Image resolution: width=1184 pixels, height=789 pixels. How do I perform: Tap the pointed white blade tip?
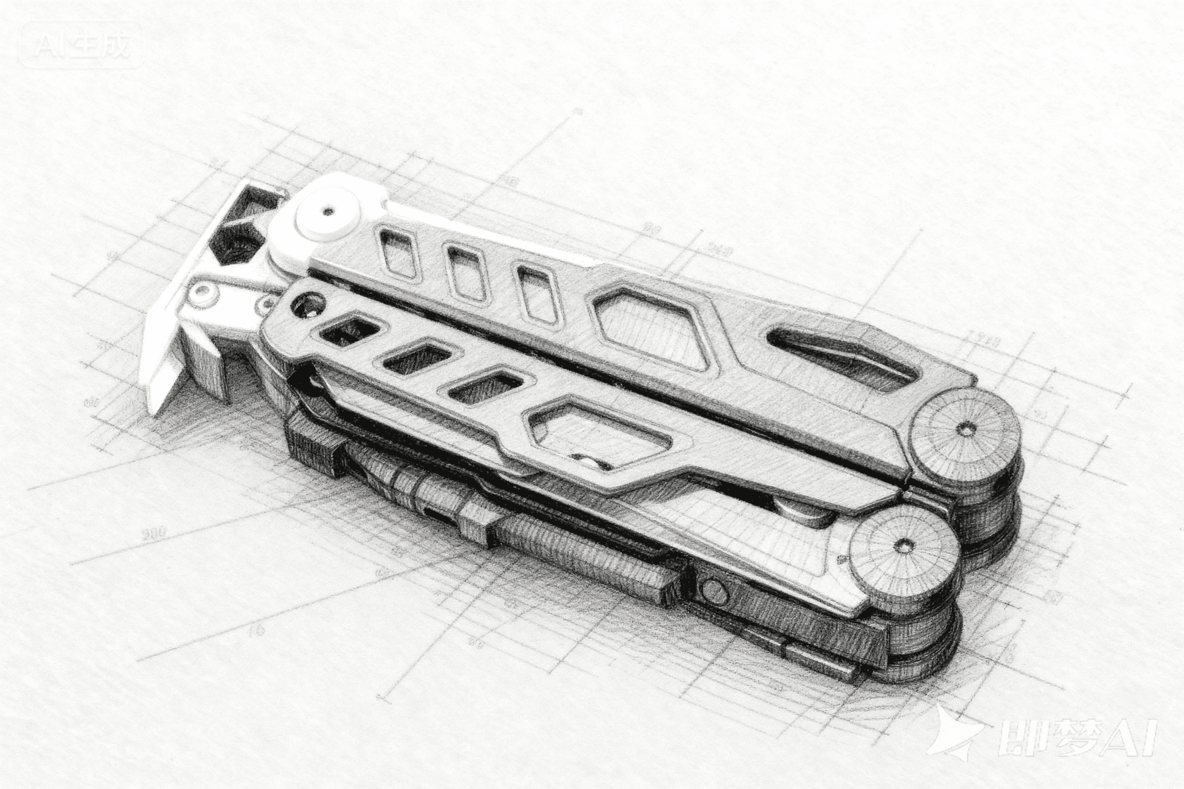click(154, 407)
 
